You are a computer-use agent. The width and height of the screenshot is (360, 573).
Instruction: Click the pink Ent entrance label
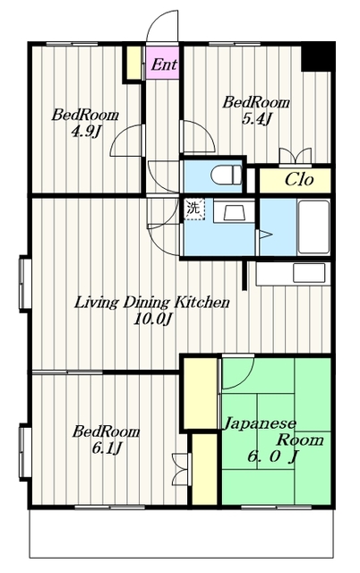pos(164,64)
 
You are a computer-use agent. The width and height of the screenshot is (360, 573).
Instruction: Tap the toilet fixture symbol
pos(227,175)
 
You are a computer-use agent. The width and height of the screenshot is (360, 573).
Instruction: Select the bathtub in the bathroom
pos(313,227)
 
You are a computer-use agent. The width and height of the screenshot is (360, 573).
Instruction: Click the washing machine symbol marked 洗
pos(193,209)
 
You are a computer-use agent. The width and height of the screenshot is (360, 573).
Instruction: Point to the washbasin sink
pos(234,212)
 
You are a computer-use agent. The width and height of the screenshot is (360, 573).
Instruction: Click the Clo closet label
pos(299,180)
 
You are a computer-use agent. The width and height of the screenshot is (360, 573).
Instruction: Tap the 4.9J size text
pos(85,132)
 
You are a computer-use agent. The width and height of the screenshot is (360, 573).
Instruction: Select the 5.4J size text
pos(257,119)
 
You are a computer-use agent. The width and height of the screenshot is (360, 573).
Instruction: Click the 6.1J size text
pos(107,448)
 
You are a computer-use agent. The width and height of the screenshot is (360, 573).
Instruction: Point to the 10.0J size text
pos(152,320)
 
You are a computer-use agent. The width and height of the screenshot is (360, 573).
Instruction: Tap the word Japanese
pos(260,423)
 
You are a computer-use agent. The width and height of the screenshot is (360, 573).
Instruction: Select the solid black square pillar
pos(318,56)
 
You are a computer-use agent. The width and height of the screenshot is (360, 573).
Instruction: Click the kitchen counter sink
pos(309,273)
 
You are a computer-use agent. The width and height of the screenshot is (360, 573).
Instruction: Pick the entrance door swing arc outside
pos(162,26)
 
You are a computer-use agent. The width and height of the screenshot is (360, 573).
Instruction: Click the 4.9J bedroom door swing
pos(126,141)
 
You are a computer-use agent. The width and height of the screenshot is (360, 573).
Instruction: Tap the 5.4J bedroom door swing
pos(198,135)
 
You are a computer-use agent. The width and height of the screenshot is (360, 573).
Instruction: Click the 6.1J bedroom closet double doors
pos(181,469)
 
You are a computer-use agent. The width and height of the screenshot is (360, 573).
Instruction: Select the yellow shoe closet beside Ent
pos(134,62)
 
